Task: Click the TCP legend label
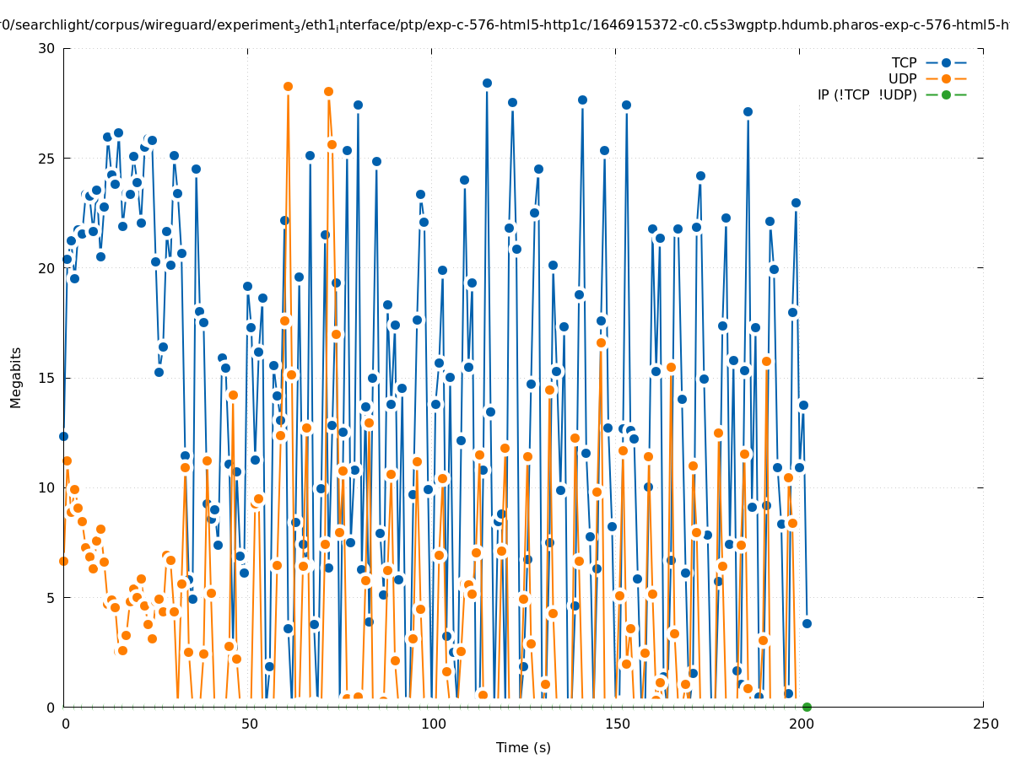904,63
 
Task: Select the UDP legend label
902,79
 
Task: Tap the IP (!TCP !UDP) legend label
867,95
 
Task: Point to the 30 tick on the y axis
46,49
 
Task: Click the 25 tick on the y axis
46,159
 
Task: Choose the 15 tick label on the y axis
46,378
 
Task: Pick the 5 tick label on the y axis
51,597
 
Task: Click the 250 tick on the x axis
984,724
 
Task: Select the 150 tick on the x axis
616,724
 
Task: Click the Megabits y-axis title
17,377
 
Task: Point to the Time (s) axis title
523,748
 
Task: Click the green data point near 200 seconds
807,707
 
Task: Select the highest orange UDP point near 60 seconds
288,87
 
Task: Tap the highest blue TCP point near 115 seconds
487,83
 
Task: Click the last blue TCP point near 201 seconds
807,623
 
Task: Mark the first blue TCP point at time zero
63,436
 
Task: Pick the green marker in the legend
946,95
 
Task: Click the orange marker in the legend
946,79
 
